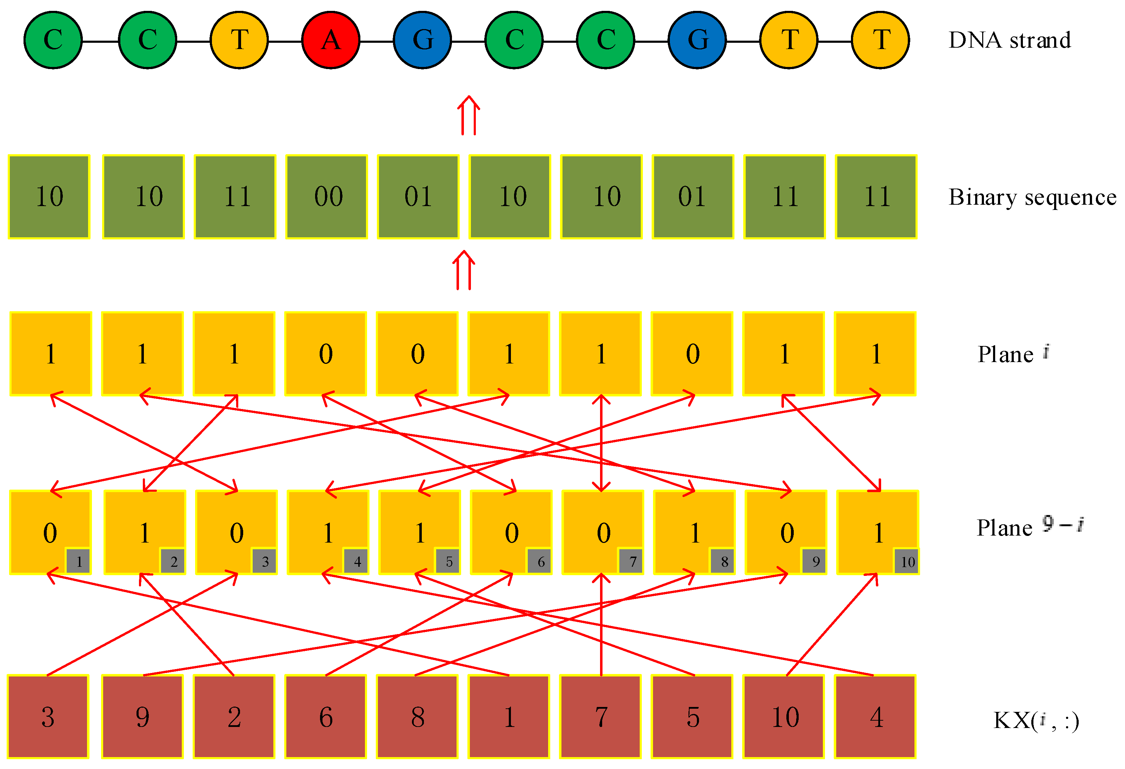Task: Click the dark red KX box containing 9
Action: click(142, 716)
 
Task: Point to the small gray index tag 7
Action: click(631, 562)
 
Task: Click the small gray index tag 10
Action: click(906, 562)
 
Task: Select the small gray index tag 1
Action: click(78, 562)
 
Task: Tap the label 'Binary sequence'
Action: click(1032, 197)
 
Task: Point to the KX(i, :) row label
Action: click(1036, 721)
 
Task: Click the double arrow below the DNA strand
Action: click(468, 116)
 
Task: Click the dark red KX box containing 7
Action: click(601, 716)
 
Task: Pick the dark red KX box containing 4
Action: click(876, 716)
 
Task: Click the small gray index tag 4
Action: click(356, 562)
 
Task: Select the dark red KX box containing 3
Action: click(48, 716)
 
